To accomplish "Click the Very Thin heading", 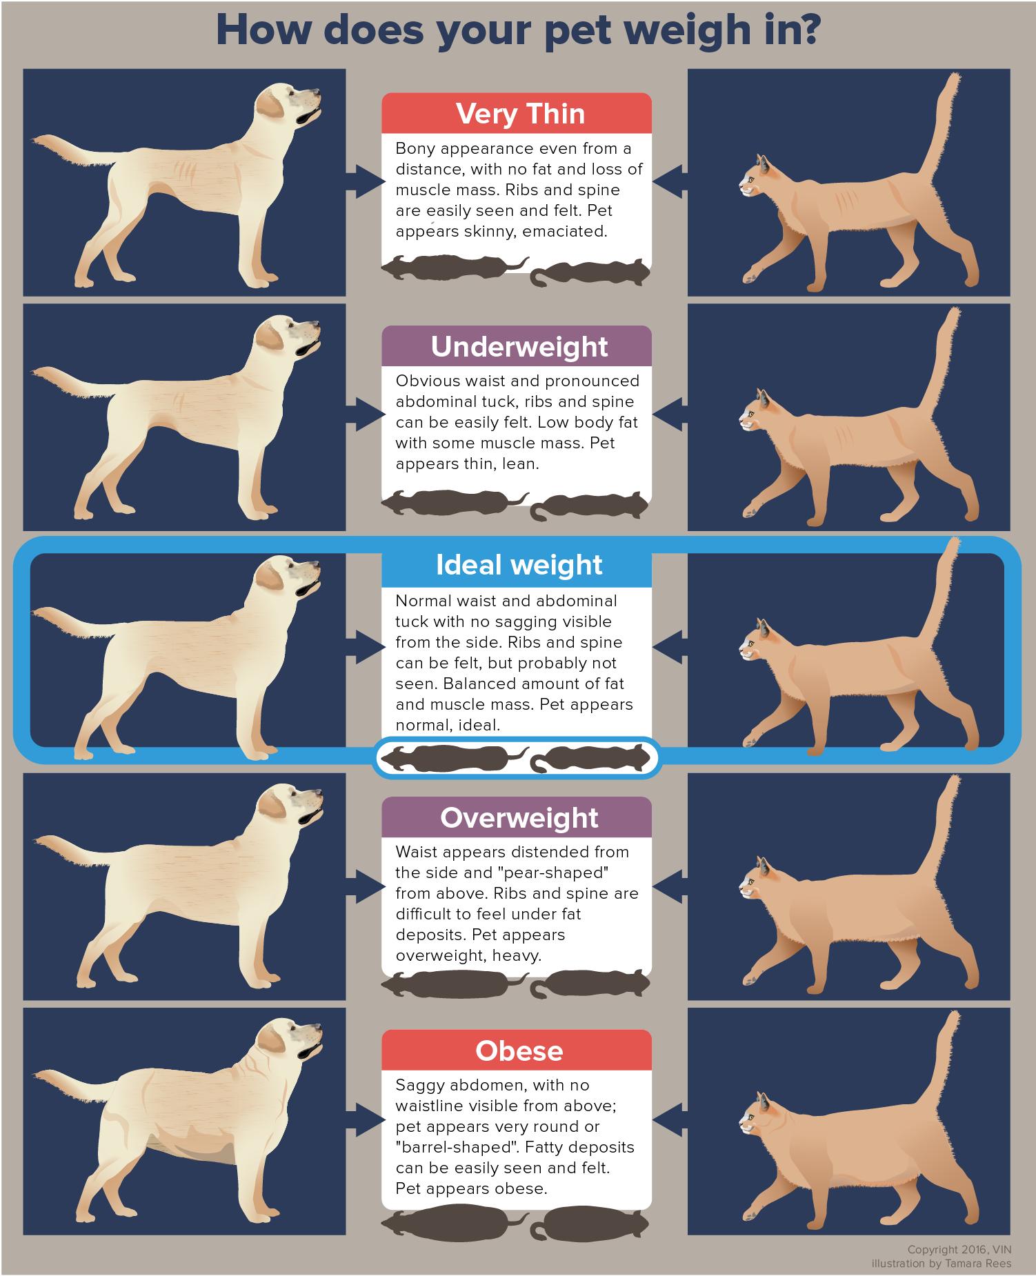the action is tap(520, 114).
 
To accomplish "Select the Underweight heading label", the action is tap(519, 346).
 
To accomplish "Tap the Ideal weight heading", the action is tap(519, 565).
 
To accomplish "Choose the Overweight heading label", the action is tap(519, 817).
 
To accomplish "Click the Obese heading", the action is tap(519, 1050).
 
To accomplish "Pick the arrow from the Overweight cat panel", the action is tap(670, 884).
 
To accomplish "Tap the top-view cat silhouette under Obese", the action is tap(590, 1226).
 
